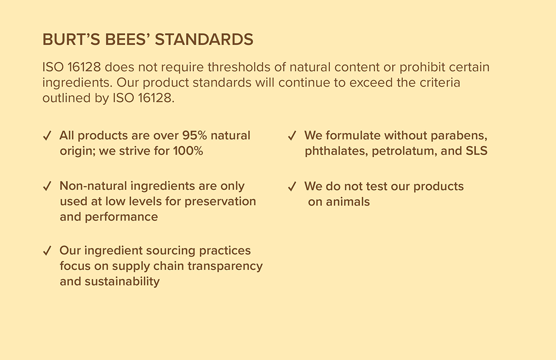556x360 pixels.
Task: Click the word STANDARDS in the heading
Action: [204, 39]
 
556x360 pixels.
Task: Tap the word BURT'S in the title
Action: [71, 39]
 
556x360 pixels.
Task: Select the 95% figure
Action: [194, 135]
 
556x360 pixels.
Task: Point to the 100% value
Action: [188, 151]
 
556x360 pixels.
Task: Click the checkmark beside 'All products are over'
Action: [47, 136]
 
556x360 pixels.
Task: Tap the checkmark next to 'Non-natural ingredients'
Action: [47, 186]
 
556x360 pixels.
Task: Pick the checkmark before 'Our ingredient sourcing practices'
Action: [47, 251]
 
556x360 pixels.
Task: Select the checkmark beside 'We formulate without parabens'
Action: [292, 136]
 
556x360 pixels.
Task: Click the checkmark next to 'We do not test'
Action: [292, 186]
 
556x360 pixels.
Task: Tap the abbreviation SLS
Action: [476, 151]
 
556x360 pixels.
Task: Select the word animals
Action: [348, 202]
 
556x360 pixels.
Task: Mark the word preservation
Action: [220, 202]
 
